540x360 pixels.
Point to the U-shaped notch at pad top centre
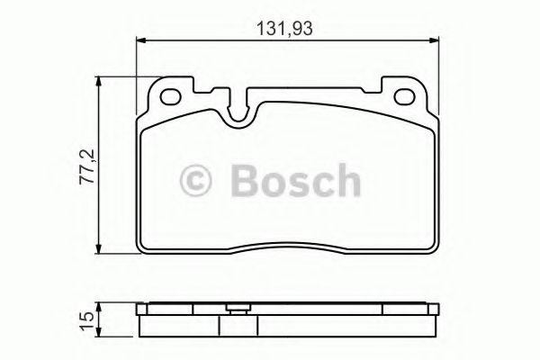pyautogui.click(x=240, y=112)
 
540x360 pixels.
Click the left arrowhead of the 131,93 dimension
pyautogui.click(x=140, y=39)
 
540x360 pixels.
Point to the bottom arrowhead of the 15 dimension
pyautogui.click(x=100, y=333)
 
